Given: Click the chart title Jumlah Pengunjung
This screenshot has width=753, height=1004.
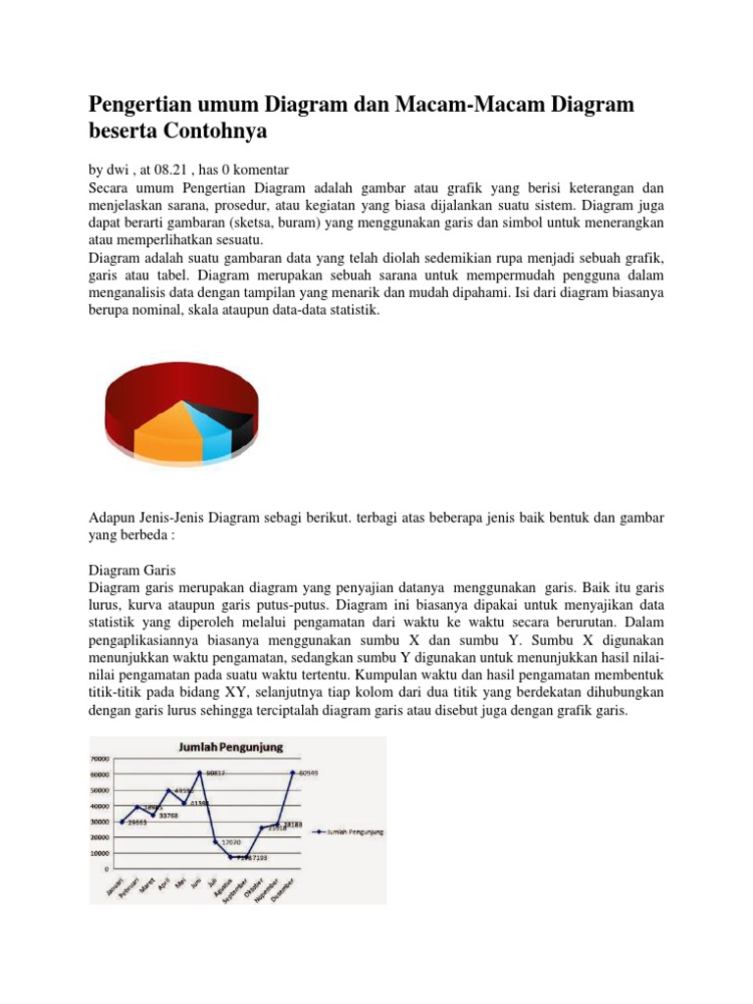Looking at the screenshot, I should point(230,747).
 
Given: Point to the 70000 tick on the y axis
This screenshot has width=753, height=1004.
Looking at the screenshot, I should point(99,759).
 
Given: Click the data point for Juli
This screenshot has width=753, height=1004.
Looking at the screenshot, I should point(215,841).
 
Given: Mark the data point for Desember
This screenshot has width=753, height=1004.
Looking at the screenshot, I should point(291,773).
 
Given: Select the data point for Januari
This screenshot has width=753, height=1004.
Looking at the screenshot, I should point(123,822).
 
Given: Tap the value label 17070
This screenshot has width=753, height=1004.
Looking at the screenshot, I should point(231,842).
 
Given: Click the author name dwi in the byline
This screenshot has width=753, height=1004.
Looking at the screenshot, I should point(116,170).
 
